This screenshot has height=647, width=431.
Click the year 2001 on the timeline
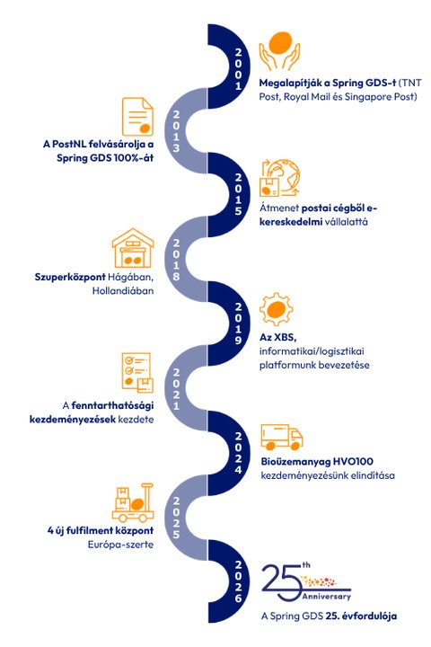(238, 69)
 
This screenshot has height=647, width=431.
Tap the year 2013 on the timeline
(176, 131)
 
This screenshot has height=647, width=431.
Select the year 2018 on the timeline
(176, 260)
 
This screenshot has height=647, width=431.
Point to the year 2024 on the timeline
(238, 453)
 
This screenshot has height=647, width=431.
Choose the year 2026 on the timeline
(238, 581)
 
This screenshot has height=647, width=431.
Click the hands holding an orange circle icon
(279, 50)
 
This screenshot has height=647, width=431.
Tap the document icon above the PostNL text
(137, 116)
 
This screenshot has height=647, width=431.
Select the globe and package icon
(279, 178)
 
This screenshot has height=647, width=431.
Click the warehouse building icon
(133, 248)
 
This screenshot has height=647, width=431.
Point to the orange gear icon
(277, 309)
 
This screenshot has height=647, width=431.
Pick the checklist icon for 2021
(137, 373)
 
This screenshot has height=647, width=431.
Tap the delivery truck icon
(282, 438)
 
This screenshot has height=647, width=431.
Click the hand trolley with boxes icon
(133, 502)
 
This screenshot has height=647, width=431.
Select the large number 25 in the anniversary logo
(282, 582)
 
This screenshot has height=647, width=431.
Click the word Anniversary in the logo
(326, 597)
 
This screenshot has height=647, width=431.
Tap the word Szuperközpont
(70, 277)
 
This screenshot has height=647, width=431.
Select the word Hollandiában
(123, 290)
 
